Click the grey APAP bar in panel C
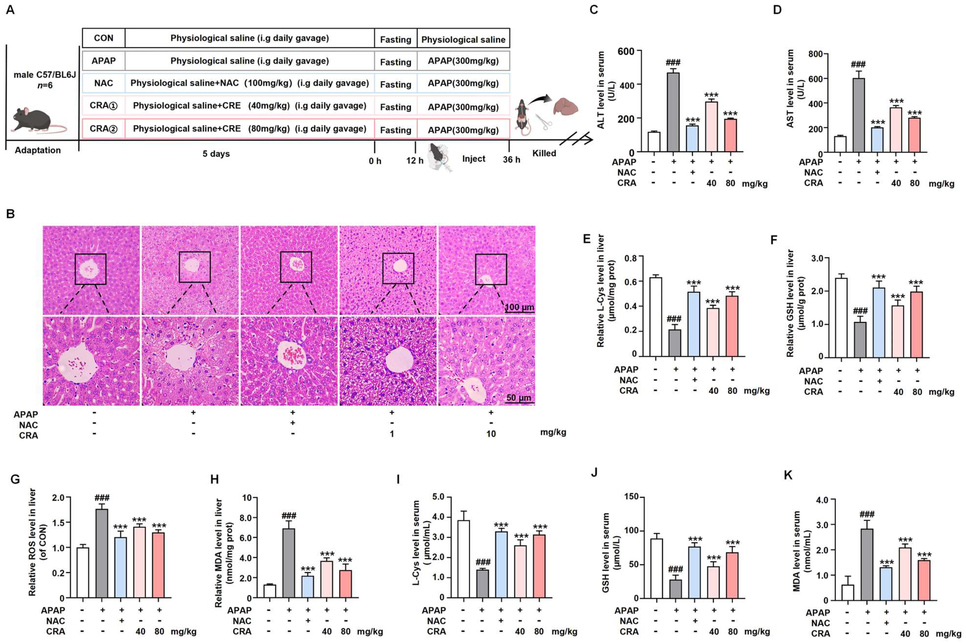(x=673, y=112)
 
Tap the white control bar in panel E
(x=655, y=317)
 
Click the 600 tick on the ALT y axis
(x=626, y=51)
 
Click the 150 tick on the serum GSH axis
(x=631, y=496)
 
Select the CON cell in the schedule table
(x=103, y=38)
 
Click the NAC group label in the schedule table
(x=103, y=83)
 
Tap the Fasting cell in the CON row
(x=395, y=39)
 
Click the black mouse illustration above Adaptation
(x=37, y=120)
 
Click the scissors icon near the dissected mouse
(x=543, y=122)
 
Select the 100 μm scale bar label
(x=519, y=307)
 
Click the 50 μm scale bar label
(x=518, y=397)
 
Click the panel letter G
(x=15, y=479)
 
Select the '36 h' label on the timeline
(x=512, y=160)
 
